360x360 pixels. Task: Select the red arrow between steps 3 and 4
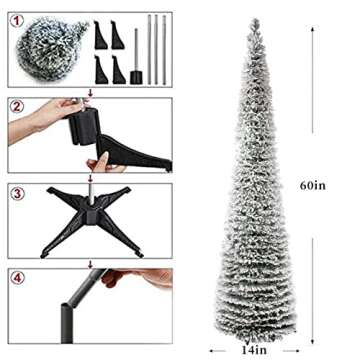[x=91, y=263]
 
